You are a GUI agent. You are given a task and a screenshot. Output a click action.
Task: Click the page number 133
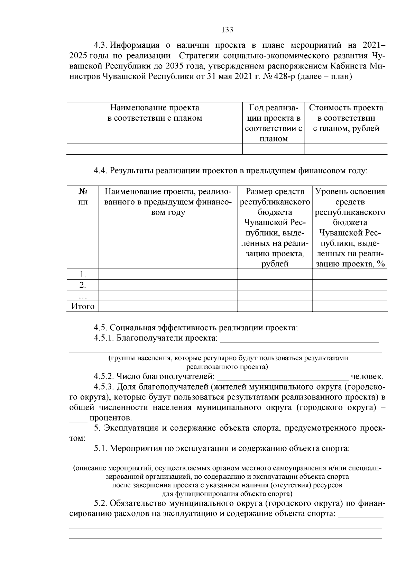pos(227,30)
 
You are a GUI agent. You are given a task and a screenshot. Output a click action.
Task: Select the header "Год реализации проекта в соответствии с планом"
pos(273,123)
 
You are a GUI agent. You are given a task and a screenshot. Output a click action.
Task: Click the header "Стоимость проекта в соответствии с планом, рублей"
pos(346,118)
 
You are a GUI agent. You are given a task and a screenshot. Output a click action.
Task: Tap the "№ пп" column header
pos(83,196)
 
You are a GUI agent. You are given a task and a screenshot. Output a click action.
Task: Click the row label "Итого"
pos(83,306)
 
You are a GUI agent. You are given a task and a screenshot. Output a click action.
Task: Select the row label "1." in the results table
pos(83,275)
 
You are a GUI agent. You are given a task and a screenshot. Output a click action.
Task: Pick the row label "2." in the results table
pos(83,285)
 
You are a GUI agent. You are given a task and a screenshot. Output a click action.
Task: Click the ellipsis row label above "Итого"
pos(83,296)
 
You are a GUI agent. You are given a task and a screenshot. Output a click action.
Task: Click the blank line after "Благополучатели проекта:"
pos(299,339)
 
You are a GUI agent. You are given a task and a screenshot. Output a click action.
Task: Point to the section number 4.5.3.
pos(104,387)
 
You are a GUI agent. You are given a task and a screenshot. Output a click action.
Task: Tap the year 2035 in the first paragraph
pos(175,66)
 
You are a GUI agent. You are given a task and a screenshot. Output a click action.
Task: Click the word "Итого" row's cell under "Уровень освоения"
pos(350,306)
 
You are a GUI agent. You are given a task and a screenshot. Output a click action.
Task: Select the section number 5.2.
pos(101,503)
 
